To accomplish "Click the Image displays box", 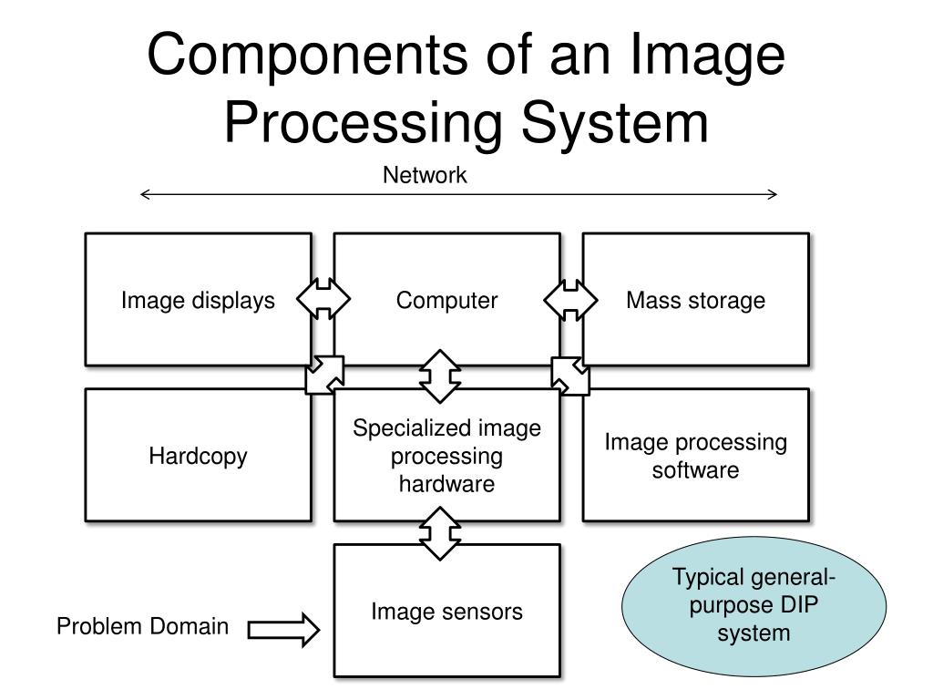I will [x=198, y=300].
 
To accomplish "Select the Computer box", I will [x=446, y=300].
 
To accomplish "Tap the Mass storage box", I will [x=695, y=300].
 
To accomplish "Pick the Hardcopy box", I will [x=198, y=456].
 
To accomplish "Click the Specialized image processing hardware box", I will [x=446, y=456].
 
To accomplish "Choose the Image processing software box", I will [x=695, y=456].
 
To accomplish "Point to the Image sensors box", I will [x=446, y=611].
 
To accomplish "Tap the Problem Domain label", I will [x=143, y=627].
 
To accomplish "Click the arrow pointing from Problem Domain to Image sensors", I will [x=283, y=629].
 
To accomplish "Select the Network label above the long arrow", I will [x=425, y=175].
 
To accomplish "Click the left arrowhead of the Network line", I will [x=146, y=193].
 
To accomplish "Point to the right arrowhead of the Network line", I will [x=773, y=193].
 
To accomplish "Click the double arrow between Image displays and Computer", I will [x=323, y=299].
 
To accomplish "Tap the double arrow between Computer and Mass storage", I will [x=571, y=299].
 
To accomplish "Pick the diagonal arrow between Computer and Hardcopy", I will [x=324, y=375].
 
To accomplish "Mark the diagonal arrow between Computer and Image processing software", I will [x=570, y=375].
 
